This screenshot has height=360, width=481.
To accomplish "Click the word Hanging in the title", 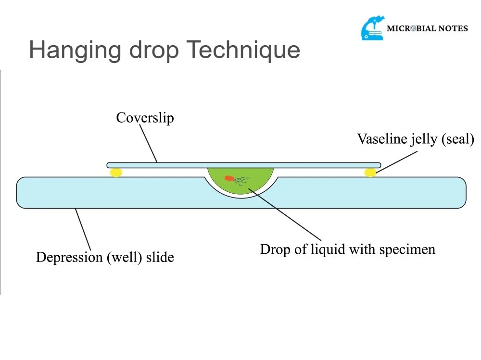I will (x=67, y=50).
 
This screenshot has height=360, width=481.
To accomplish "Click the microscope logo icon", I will (x=373, y=28).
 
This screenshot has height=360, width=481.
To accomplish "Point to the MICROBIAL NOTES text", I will (x=427, y=28).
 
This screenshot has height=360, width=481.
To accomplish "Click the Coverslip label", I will (x=145, y=118).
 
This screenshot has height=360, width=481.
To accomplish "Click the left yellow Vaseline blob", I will (x=116, y=172).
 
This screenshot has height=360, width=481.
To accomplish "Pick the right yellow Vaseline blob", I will (x=370, y=172).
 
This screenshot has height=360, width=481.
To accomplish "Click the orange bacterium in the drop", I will (x=229, y=178).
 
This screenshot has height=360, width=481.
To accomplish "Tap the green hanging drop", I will (x=240, y=185).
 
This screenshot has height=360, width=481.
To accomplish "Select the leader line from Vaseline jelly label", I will (x=397, y=161).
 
